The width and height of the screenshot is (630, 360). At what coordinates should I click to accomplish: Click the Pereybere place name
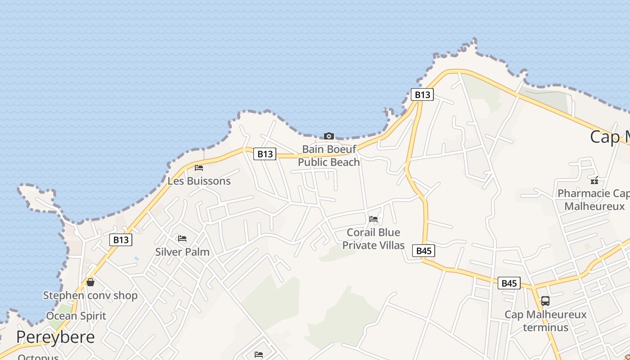point(55,337)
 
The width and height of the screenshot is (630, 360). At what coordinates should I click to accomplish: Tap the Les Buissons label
point(199,181)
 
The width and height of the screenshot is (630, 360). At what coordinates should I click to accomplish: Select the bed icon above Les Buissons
point(199,168)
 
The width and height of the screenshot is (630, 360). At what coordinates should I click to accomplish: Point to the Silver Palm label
point(182,252)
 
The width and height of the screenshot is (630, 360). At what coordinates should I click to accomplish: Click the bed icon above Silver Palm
point(182,238)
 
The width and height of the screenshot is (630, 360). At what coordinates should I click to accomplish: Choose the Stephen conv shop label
point(90,295)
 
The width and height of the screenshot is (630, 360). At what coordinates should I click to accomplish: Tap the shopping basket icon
point(90,282)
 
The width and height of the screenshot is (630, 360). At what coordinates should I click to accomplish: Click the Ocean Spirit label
point(76,316)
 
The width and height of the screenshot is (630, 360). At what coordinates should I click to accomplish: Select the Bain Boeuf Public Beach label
point(329,155)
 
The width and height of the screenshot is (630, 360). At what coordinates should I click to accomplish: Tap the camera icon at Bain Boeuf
point(329,136)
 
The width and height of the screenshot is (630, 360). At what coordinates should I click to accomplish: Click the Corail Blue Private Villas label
point(373,238)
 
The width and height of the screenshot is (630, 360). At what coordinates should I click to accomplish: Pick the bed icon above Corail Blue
point(373,219)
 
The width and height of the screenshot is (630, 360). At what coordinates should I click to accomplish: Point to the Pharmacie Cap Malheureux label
point(594,200)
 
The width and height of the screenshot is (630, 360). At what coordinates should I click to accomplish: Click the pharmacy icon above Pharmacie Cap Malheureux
point(594,180)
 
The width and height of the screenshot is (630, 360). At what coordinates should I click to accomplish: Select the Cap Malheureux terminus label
point(545,320)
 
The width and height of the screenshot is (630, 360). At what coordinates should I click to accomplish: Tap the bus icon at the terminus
point(545,301)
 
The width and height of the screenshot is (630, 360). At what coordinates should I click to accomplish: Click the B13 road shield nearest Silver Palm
point(121,240)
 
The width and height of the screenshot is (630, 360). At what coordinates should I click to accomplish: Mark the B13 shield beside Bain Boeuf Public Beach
point(265,154)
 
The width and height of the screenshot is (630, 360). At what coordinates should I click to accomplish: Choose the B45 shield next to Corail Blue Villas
point(424,251)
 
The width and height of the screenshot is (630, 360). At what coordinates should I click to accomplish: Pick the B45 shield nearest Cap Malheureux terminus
point(509,283)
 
